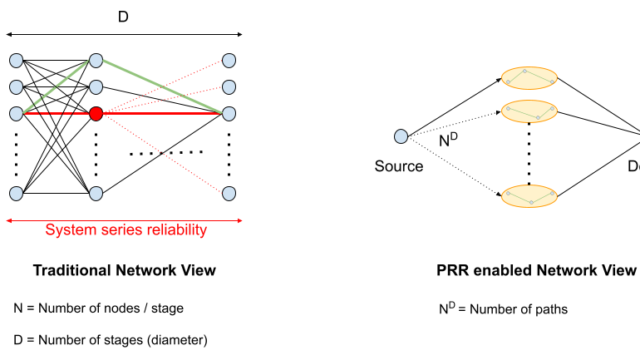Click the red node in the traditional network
pos(96,113)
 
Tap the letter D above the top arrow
pos(123,16)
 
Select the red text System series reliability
pos(126,230)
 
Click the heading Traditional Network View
pos(124,270)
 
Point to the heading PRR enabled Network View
pos(536,270)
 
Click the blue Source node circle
pos(401,136)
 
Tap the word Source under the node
pos(399,166)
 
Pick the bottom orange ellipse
pos(529,195)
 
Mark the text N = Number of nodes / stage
pos(98,308)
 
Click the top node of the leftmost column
pos(16,60)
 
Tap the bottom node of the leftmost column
pos(16,194)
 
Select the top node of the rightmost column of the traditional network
pos(229,60)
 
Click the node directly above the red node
pos(96,86)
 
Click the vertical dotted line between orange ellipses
pos(529,154)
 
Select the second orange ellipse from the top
pos(529,111)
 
